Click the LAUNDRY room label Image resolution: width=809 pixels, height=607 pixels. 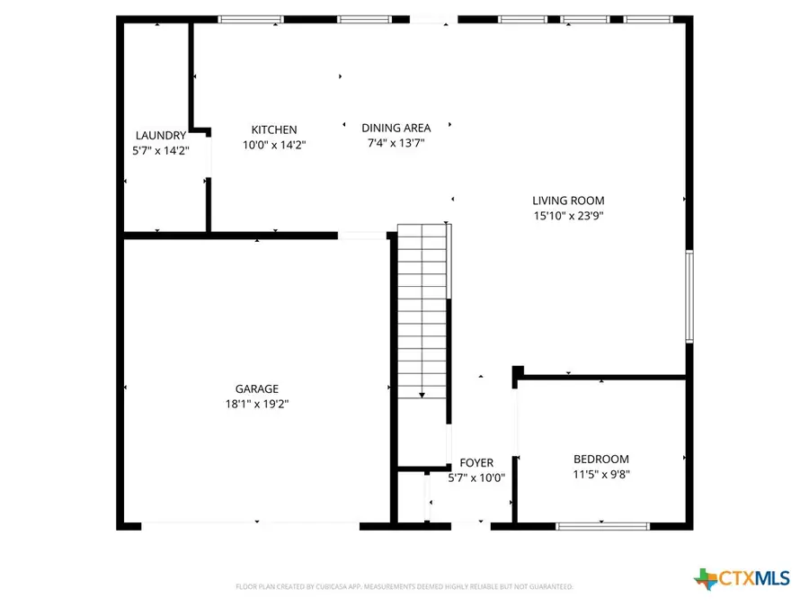point(161,136)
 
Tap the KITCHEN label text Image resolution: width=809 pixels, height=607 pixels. point(274,129)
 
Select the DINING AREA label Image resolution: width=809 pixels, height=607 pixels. point(396,128)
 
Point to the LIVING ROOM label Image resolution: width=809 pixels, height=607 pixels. point(568,201)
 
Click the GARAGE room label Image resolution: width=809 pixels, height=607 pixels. point(257,388)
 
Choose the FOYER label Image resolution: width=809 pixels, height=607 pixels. point(476,463)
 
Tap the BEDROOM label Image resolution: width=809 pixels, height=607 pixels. point(601,459)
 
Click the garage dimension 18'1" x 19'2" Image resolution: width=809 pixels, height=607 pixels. point(257,404)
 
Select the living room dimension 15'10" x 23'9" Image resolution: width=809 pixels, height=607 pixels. point(568,216)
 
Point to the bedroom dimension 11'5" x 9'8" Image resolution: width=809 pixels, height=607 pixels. point(601,474)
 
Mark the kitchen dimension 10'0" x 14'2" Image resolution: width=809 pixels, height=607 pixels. point(274,145)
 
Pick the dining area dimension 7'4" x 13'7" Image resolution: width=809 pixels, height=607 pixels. point(396,143)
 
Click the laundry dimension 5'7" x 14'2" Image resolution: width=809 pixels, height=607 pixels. point(161,151)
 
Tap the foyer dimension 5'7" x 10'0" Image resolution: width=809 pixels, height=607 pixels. point(476,478)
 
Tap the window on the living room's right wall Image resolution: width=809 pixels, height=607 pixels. point(689,297)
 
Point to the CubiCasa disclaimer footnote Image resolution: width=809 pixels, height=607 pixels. point(404,586)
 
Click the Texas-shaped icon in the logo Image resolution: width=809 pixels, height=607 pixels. point(707,577)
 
